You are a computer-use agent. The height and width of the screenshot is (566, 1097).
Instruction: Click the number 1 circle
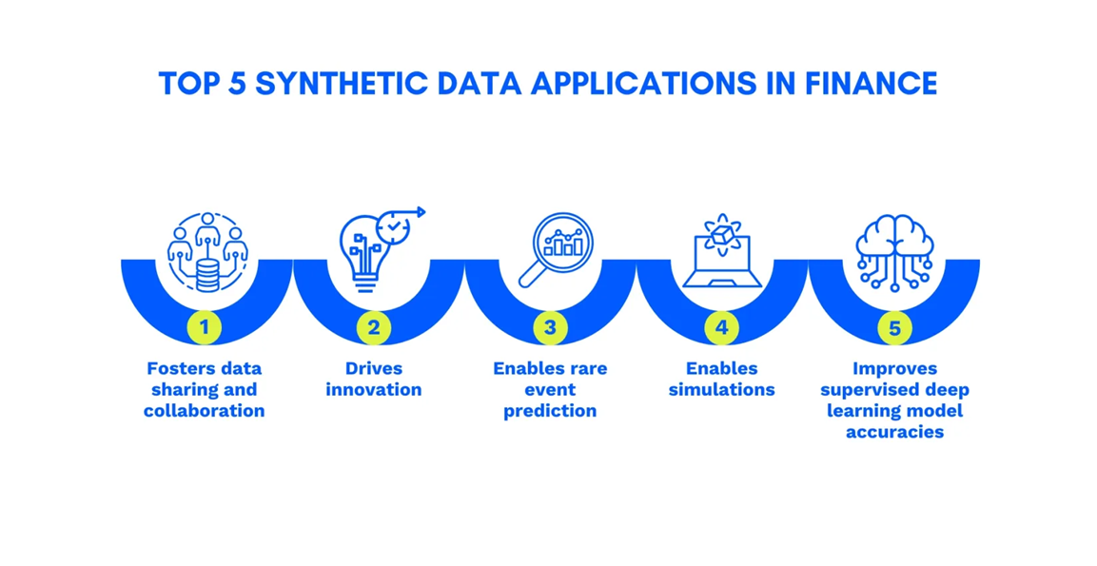[204, 329]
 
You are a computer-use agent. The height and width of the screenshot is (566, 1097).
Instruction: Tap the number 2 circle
[373, 329]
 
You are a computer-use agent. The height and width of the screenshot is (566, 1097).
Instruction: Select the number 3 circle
[549, 329]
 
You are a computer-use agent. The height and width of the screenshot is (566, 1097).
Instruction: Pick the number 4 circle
[721, 329]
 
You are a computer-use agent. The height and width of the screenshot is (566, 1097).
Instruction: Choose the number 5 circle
[893, 329]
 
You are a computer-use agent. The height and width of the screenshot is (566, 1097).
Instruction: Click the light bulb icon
[362, 252]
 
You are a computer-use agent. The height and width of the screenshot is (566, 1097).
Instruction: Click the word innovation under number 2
[373, 390]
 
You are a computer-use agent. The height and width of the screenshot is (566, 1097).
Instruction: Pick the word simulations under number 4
[721, 390]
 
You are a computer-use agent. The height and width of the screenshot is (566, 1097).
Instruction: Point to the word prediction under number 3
[549, 411]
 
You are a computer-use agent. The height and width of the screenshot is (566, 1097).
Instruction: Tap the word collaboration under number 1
[204, 411]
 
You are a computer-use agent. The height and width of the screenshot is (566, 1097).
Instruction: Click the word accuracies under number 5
[893, 432]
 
